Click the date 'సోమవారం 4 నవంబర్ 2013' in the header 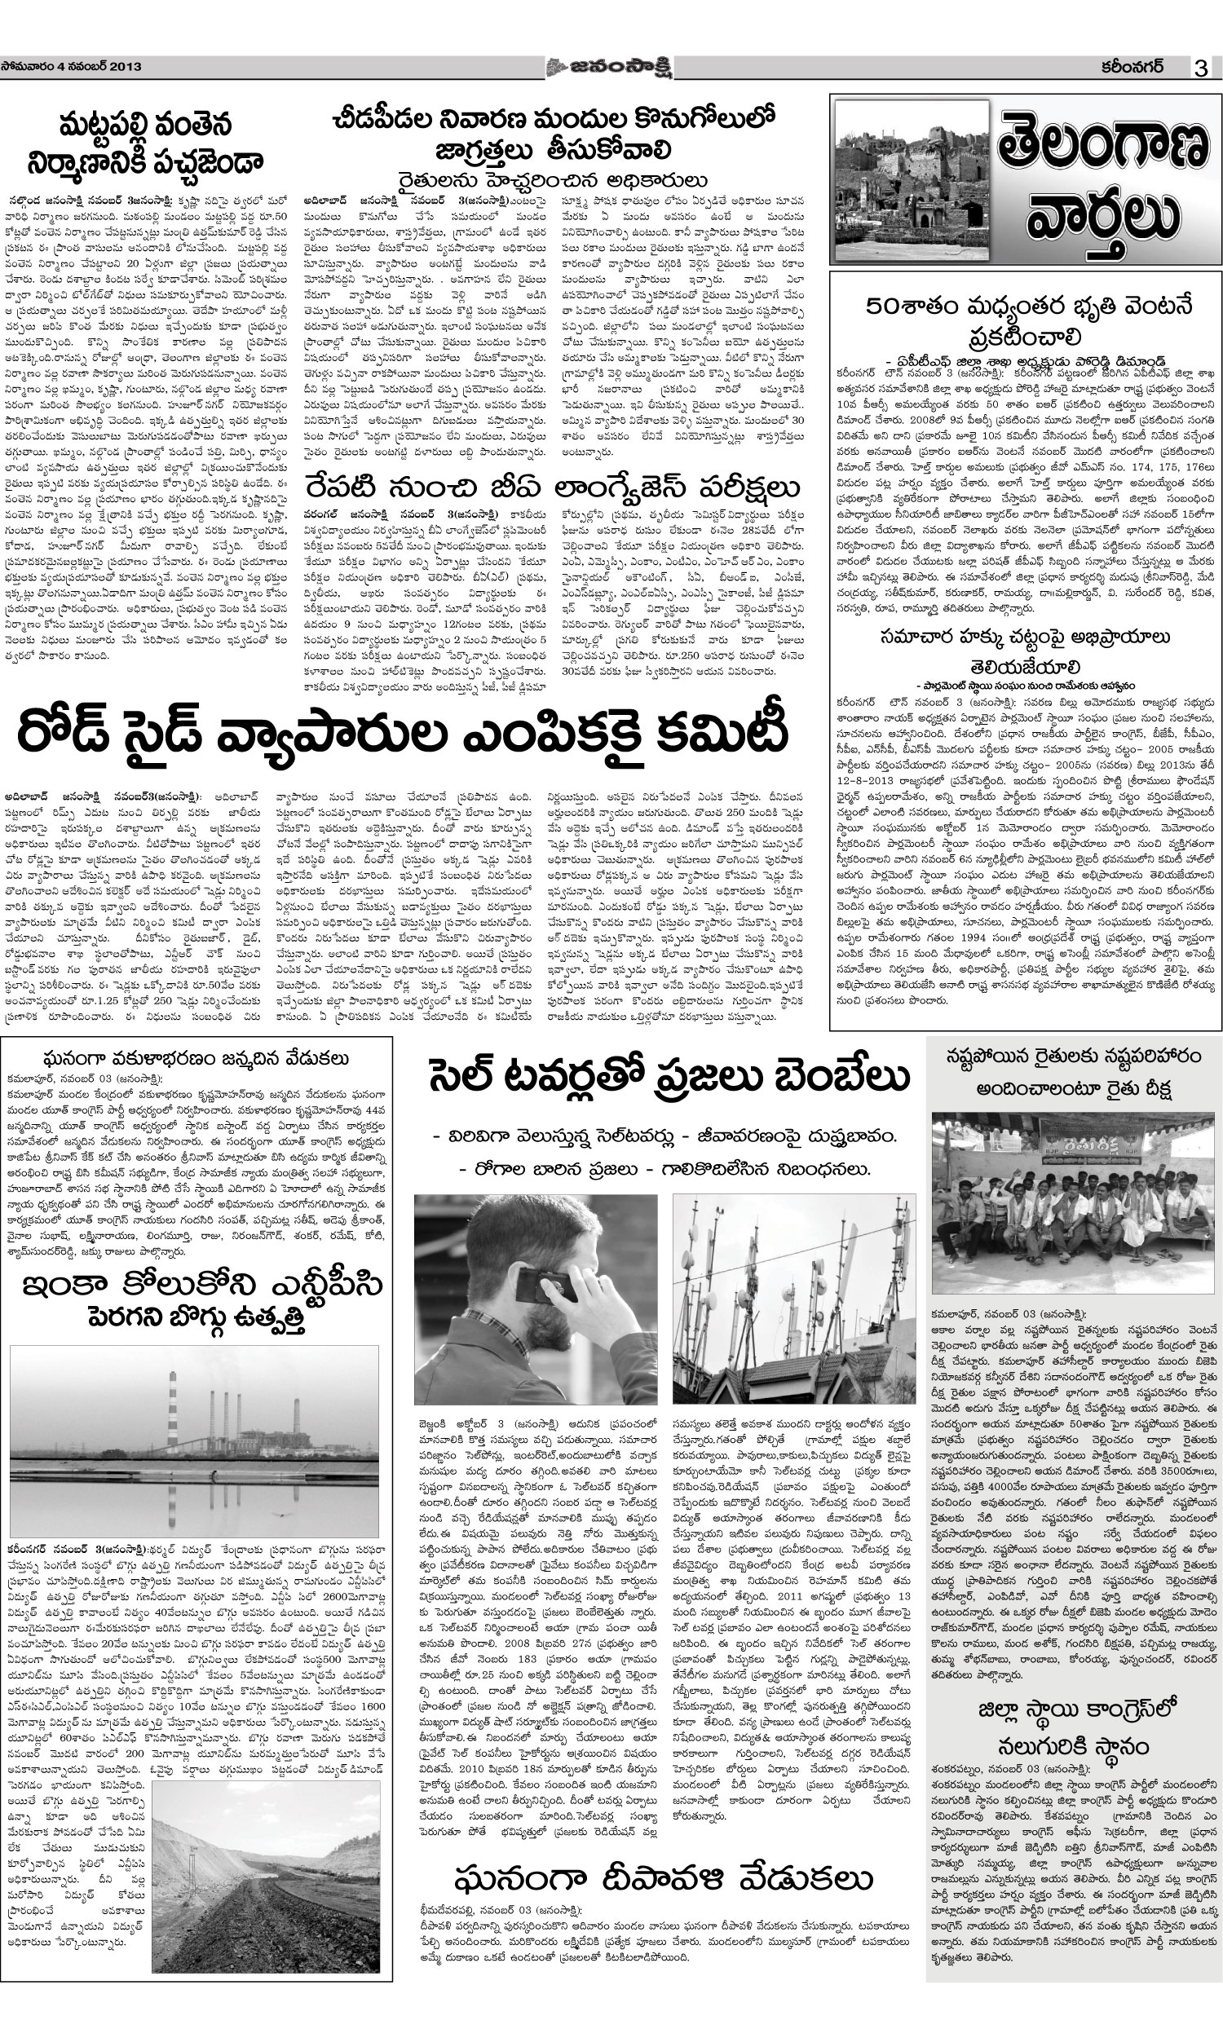pyautogui.click(x=72, y=67)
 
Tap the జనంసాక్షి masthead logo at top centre pyautogui.click(x=610, y=67)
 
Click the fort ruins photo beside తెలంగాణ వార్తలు pyautogui.click(x=912, y=181)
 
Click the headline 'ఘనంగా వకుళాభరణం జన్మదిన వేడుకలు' pyautogui.click(x=196, y=1059)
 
